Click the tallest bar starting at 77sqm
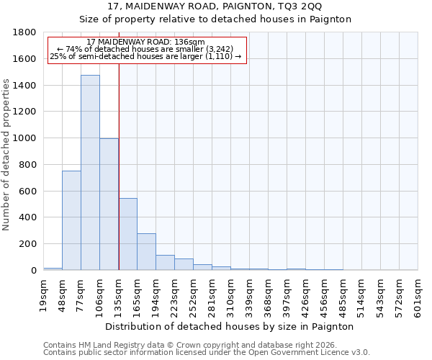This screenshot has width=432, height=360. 90,173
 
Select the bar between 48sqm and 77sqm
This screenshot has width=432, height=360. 71,220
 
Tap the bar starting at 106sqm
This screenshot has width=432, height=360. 109,204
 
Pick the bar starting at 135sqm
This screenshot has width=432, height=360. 127,234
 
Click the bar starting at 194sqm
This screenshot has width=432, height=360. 165,263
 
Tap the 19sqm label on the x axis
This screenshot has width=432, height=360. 43,294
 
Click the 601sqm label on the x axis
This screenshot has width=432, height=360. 418,294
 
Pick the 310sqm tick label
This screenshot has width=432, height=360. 230,294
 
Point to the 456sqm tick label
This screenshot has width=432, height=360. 324,294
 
